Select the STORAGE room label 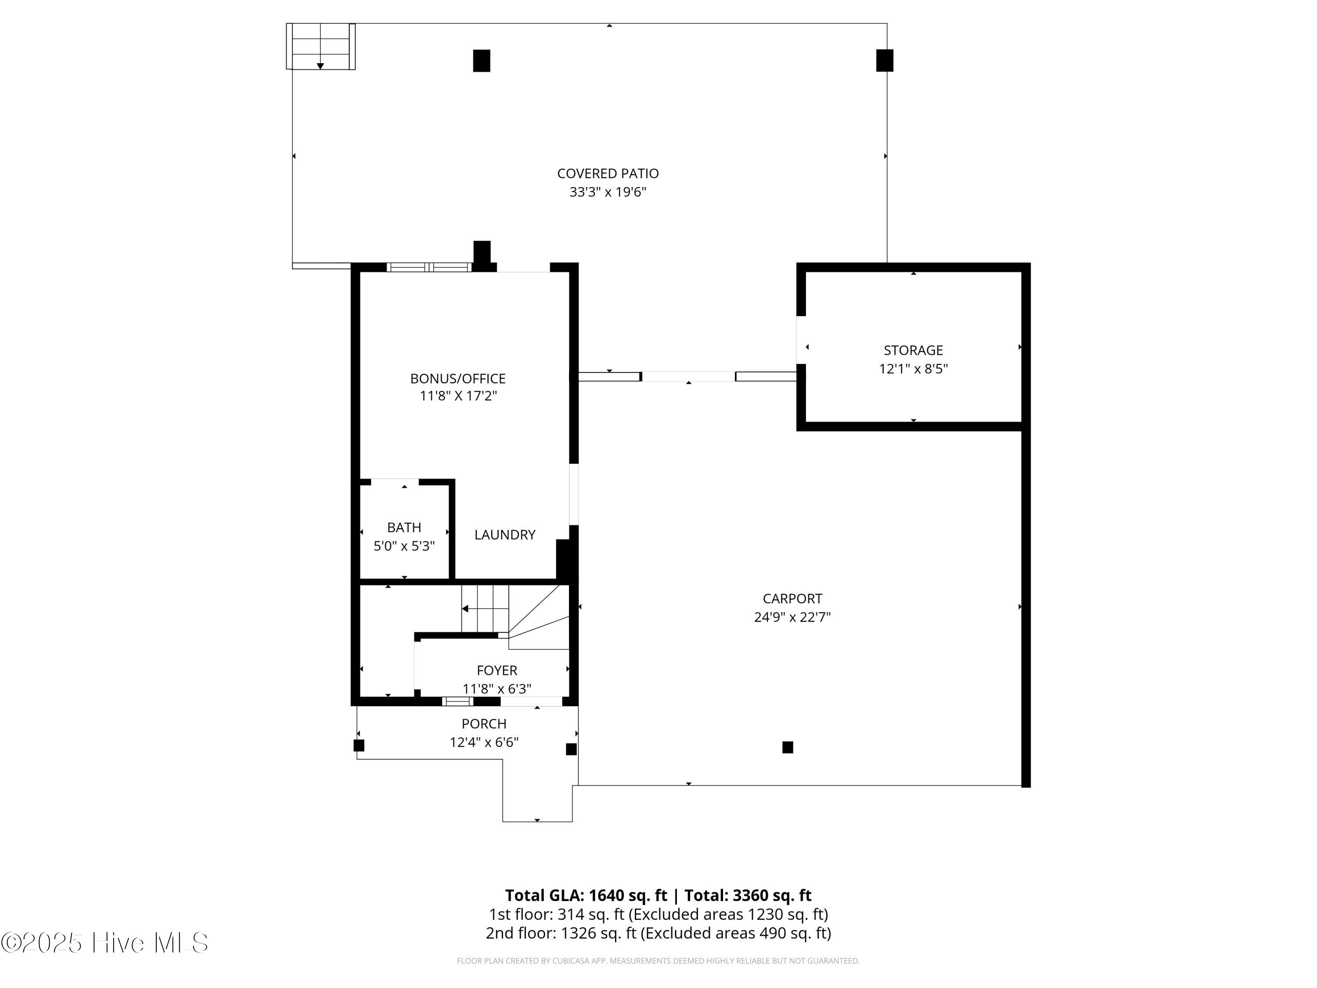click(913, 350)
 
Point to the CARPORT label click(792, 599)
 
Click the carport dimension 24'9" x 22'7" click(792, 617)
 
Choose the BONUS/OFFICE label click(457, 378)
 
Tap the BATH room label click(404, 527)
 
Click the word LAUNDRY click(504, 535)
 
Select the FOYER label click(497, 671)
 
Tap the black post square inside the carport click(787, 747)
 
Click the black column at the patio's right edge click(884, 60)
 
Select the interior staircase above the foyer click(485, 609)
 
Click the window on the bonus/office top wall click(428, 267)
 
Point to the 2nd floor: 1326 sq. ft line click(658, 933)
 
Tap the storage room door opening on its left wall click(801, 339)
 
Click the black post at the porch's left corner click(358, 745)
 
